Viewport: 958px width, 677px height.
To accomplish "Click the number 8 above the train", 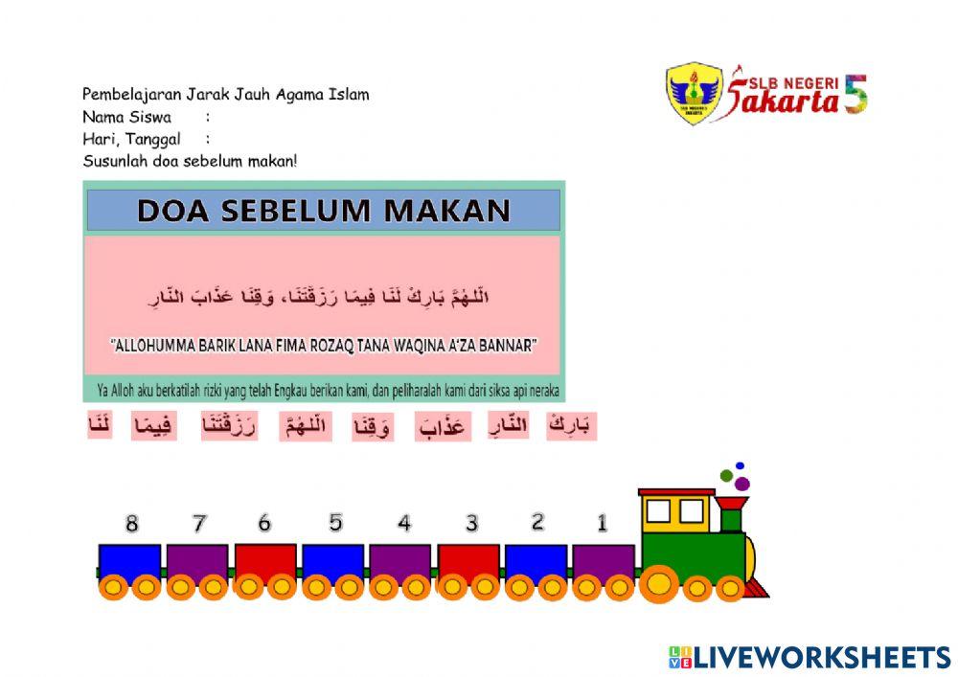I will click(132, 524).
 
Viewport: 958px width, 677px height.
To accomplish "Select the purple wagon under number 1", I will click(604, 561).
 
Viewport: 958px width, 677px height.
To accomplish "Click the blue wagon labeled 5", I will click(332, 560).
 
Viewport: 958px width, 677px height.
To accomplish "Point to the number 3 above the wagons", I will click(471, 524).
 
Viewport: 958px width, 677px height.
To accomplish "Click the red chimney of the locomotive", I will click(731, 512).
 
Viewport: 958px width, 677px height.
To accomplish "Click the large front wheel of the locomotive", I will click(659, 583).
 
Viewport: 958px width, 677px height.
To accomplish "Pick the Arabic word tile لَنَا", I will click(100, 424).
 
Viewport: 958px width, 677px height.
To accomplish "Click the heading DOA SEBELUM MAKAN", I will click(324, 211).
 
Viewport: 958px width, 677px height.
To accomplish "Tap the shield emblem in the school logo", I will click(694, 94).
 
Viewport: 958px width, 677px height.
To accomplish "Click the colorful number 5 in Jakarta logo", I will click(855, 94).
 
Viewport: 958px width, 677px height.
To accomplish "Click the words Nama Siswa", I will click(126, 117).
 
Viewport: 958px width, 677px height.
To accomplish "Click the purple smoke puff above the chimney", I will click(741, 484).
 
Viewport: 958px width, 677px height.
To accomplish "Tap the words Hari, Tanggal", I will click(131, 139).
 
